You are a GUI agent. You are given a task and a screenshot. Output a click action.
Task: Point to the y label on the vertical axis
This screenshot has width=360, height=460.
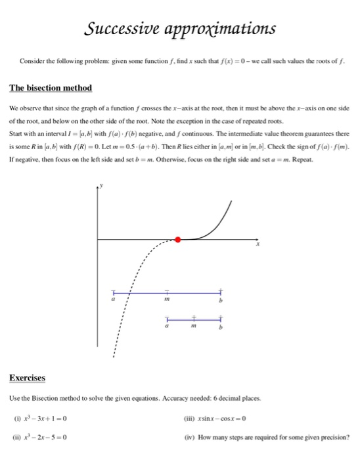(x=102, y=187)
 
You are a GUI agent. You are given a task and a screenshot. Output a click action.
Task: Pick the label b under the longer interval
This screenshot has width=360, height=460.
(x=221, y=300)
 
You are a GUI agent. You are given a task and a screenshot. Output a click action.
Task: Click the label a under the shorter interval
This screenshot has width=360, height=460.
(x=168, y=325)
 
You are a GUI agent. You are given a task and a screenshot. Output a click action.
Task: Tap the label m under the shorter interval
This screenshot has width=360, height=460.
(x=194, y=325)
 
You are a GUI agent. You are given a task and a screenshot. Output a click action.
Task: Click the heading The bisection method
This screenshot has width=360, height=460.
(x=51, y=88)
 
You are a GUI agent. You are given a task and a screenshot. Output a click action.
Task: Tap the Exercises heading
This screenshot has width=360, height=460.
(x=28, y=378)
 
